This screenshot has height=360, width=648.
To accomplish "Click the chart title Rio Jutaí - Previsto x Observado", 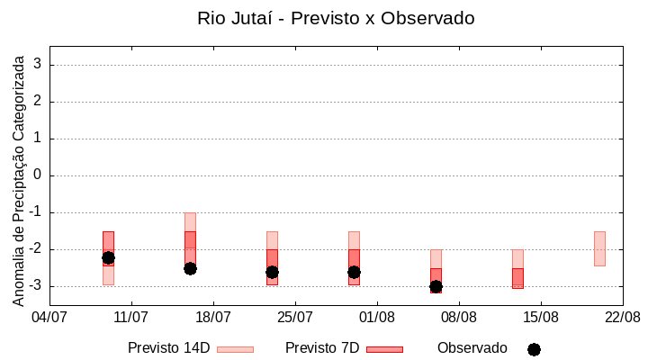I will click(x=336, y=18).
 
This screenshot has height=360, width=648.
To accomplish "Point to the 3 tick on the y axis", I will click(x=39, y=65).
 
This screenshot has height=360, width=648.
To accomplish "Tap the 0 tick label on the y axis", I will click(x=39, y=175).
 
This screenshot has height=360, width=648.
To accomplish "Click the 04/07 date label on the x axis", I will click(x=49, y=318).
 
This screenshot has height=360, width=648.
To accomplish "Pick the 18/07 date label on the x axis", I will click(x=213, y=318).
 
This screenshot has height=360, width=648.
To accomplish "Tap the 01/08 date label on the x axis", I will click(x=377, y=318).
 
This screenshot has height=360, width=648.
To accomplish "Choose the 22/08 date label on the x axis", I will click(x=622, y=318).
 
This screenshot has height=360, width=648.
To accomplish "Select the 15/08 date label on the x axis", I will click(x=541, y=318).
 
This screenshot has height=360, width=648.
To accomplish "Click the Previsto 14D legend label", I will click(x=168, y=348).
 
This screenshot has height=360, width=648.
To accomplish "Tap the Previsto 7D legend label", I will click(x=322, y=348).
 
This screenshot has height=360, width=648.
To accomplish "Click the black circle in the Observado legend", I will click(x=534, y=349).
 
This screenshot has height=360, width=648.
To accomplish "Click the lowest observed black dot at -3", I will click(x=436, y=286).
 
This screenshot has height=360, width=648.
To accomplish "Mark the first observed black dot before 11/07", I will click(x=108, y=257).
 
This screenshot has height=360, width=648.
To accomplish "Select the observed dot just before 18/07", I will click(x=190, y=268).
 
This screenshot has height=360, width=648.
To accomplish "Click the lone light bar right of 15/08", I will click(x=599, y=248).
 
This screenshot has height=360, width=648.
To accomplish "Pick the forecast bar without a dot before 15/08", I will click(x=517, y=270).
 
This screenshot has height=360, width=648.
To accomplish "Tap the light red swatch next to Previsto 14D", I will click(x=235, y=349).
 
